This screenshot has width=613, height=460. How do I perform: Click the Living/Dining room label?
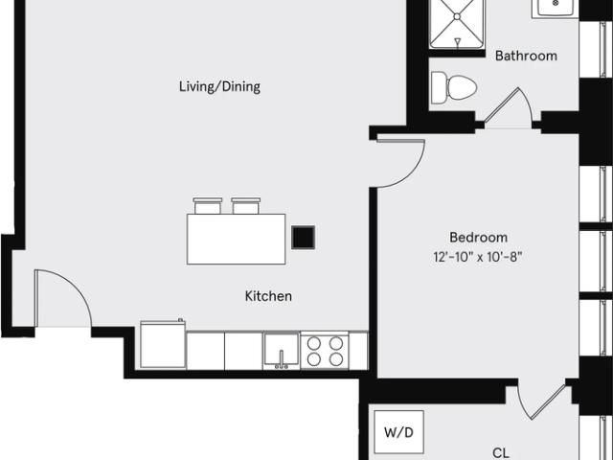click(x=219, y=87)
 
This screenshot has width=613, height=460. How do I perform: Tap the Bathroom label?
click(x=526, y=56)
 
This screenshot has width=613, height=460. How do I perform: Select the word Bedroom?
click(x=478, y=237)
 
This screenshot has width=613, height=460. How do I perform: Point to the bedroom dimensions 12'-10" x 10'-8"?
click(x=478, y=256)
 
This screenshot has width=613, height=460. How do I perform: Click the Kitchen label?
click(x=268, y=296)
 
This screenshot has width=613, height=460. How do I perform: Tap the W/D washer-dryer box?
click(x=399, y=433)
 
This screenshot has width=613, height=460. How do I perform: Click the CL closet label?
click(x=501, y=451)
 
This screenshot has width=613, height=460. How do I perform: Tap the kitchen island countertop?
click(x=236, y=239)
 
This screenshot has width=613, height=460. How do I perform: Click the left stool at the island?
click(x=208, y=205)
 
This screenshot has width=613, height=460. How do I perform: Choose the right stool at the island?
click(x=245, y=205)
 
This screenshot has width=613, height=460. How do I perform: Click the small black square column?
click(x=303, y=237)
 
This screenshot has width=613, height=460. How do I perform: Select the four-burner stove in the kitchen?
click(x=324, y=351)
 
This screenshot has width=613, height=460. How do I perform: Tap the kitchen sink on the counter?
click(x=281, y=351)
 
